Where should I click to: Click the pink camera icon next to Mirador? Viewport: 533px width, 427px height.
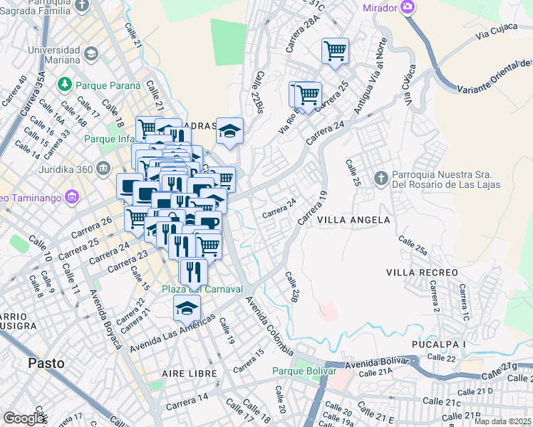(408, 7)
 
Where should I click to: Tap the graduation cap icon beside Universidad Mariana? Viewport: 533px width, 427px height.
(90, 54)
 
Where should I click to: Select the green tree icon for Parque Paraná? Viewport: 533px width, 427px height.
(65, 85)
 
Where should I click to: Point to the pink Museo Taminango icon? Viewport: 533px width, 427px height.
(71, 196)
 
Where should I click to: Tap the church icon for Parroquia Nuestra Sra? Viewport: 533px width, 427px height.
(381, 177)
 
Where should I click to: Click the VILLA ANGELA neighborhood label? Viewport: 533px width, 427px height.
(354, 220)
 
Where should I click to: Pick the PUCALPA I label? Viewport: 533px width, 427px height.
(438, 344)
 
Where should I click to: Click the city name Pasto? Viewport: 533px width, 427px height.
(46, 362)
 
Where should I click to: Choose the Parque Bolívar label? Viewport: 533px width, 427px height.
(304, 371)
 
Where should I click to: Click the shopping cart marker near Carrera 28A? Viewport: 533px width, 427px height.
(334, 51)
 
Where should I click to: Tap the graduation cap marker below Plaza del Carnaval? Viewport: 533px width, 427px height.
(187, 307)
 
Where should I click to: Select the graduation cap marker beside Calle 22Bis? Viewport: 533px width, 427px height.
(229, 130)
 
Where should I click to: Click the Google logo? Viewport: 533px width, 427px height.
(24, 418)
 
